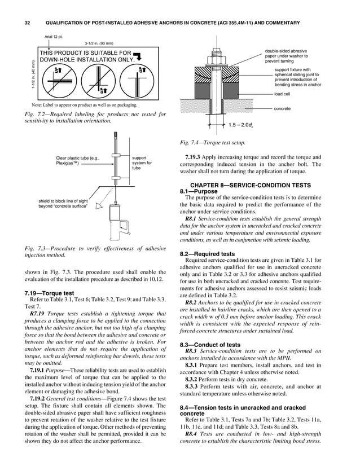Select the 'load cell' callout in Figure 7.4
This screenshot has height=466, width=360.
pos(282,94)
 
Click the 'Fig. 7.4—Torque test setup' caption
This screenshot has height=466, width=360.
pos(212,143)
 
